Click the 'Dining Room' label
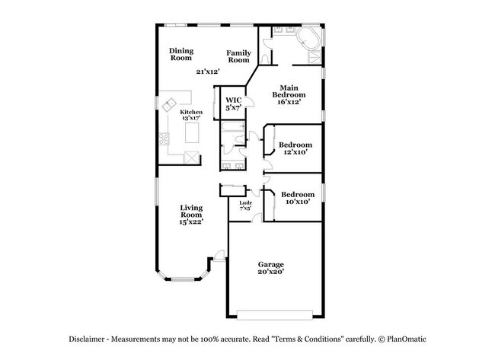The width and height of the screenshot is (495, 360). (181, 54)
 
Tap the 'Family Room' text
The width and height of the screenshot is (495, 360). (239, 56)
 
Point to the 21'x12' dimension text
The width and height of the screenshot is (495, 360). (208, 72)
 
